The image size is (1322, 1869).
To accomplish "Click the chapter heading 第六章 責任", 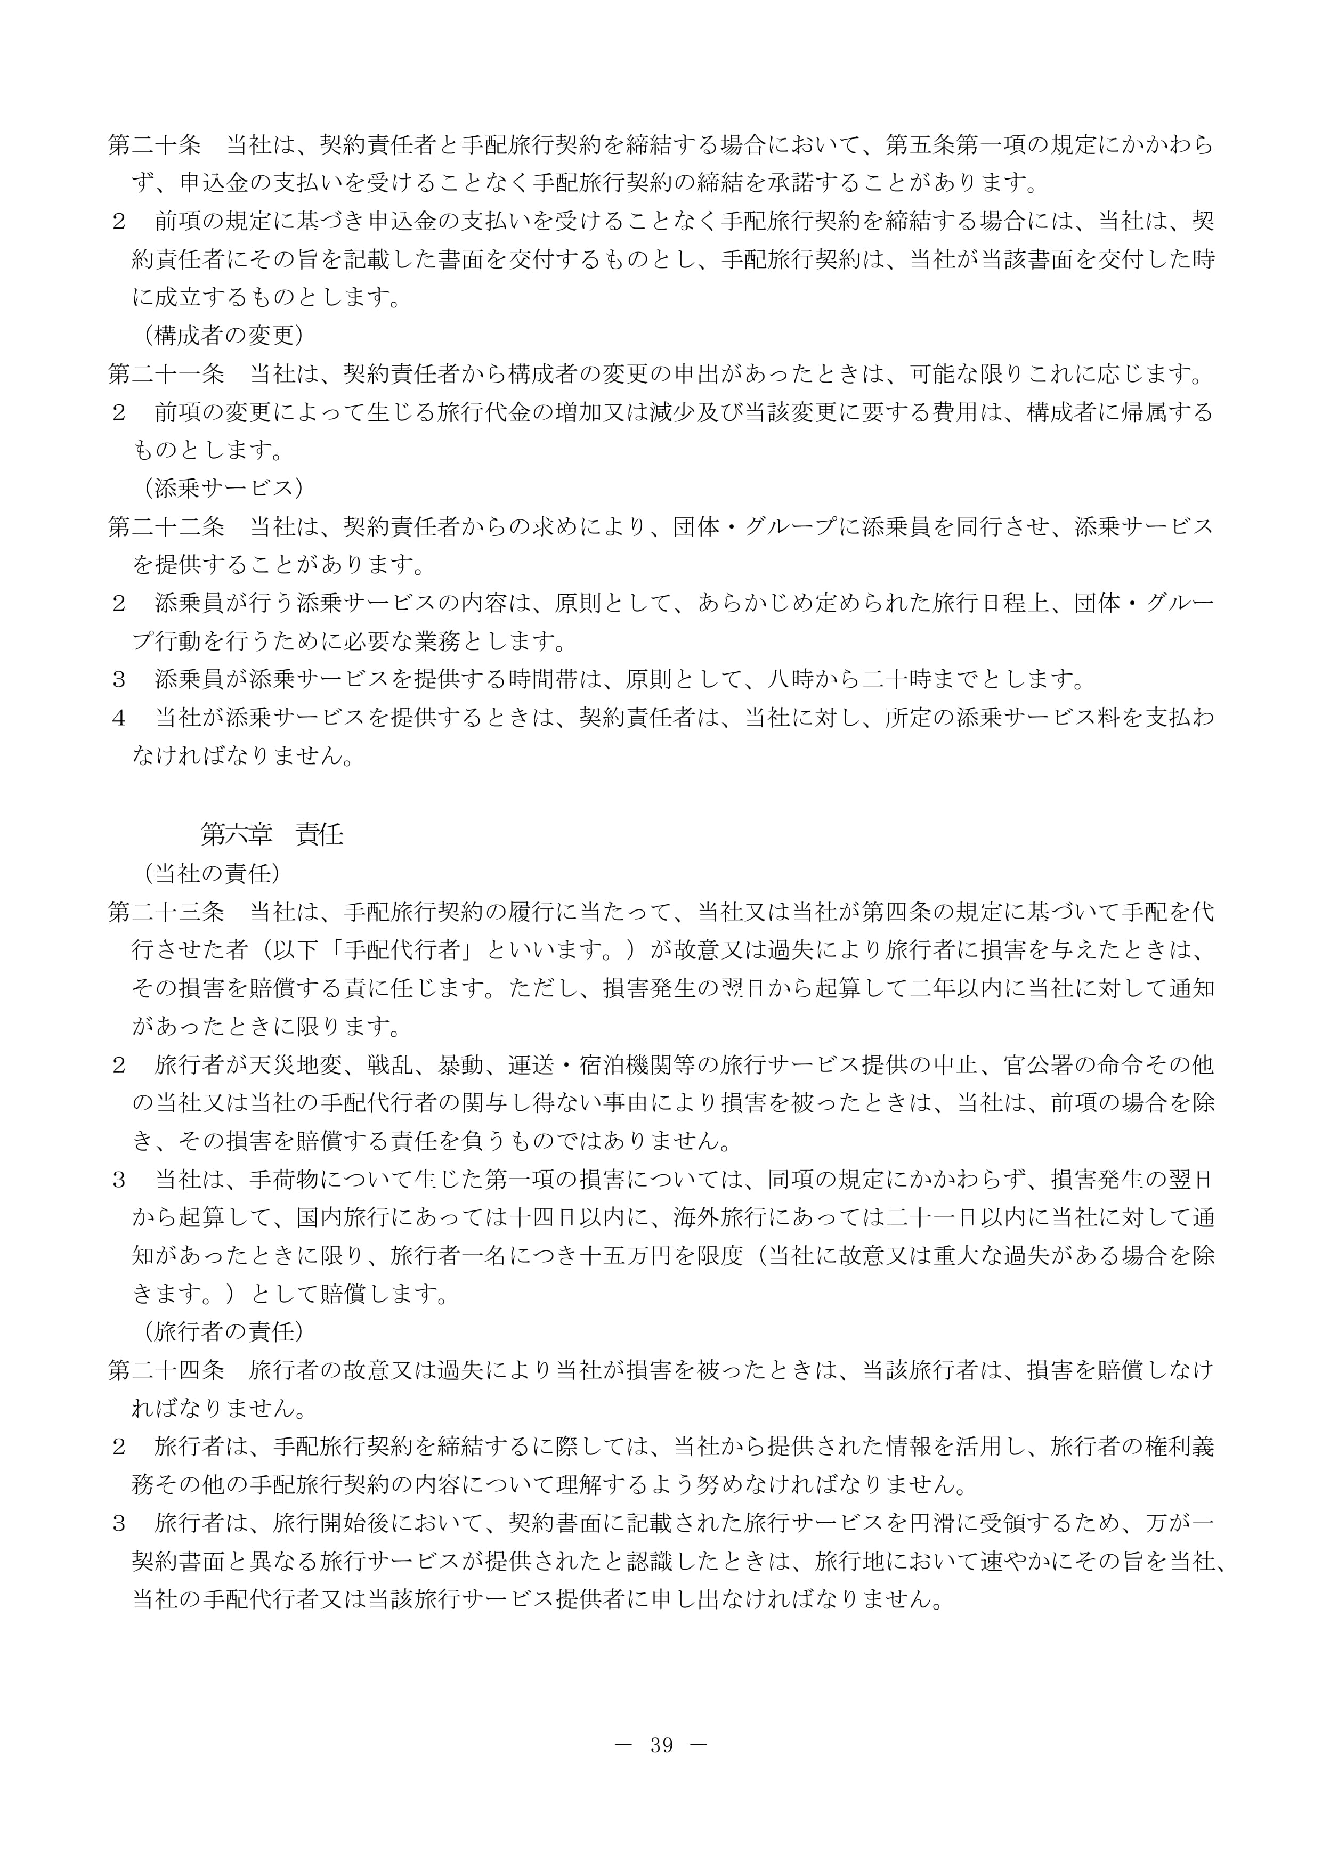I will pyautogui.click(x=272, y=834).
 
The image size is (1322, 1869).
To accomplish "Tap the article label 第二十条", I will pyautogui.click(x=155, y=145).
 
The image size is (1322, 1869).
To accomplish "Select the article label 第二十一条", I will pyautogui.click(x=166, y=375).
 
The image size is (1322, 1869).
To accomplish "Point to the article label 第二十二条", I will pyautogui.click(x=166, y=527).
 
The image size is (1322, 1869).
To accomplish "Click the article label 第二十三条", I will pyautogui.click(x=166, y=912).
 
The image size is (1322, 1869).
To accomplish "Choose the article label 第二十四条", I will pyautogui.click(x=166, y=1370).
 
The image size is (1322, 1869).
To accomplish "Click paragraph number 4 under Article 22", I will pyautogui.click(x=119, y=718).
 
